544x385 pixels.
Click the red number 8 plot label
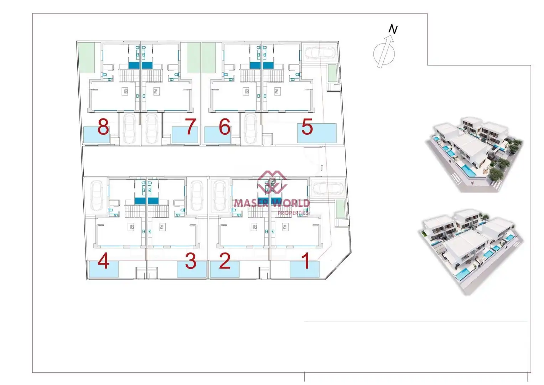[x=103, y=127]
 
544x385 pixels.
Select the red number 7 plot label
[x=190, y=127]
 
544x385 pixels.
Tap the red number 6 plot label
[x=224, y=127]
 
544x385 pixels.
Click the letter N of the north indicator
[x=393, y=29]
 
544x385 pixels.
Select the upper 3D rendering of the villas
[x=473, y=155]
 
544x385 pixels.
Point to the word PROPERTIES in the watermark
[x=293, y=213]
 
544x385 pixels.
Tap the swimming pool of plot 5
[x=317, y=133]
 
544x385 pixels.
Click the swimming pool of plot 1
[x=305, y=269]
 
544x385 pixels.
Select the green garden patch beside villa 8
[x=86, y=58]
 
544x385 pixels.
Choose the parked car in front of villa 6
[x=250, y=129]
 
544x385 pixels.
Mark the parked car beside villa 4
[x=97, y=195]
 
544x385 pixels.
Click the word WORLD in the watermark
[x=291, y=203]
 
